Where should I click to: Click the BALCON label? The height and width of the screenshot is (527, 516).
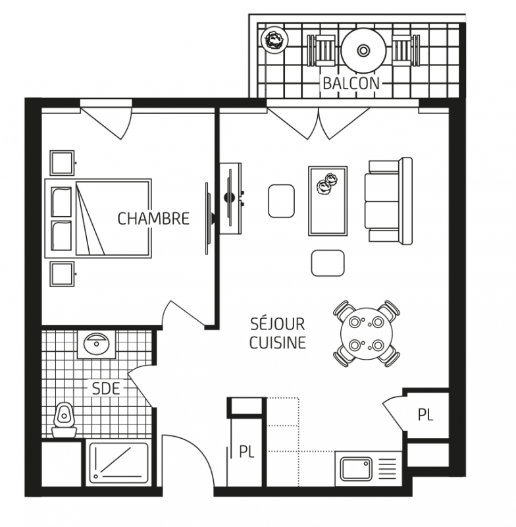click(351, 83)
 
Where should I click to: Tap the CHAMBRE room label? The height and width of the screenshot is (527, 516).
click(153, 219)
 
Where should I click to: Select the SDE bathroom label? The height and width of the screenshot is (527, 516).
click(106, 389)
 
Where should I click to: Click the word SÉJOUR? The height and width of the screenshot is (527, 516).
click(278, 323)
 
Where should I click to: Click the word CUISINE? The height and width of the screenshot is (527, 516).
click(278, 343)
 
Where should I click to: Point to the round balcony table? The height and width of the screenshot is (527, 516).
click(363, 51)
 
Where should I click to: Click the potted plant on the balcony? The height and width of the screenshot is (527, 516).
click(275, 40)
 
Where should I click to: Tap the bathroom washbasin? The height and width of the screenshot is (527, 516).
click(97, 344)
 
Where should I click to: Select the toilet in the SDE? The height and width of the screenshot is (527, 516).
click(64, 420)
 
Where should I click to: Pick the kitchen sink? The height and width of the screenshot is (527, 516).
click(357, 469)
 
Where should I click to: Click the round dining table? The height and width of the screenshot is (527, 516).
click(367, 333)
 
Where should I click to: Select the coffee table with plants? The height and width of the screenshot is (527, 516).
click(328, 201)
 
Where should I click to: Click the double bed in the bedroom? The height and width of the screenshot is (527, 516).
click(98, 219)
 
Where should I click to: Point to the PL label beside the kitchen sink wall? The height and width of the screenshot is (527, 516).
click(425, 414)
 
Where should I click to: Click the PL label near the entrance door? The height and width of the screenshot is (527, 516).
click(247, 451)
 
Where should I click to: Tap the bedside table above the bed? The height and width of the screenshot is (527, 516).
click(63, 163)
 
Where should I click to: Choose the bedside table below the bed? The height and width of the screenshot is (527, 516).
click(63, 273)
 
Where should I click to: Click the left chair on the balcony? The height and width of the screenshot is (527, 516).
click(321, 51)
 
